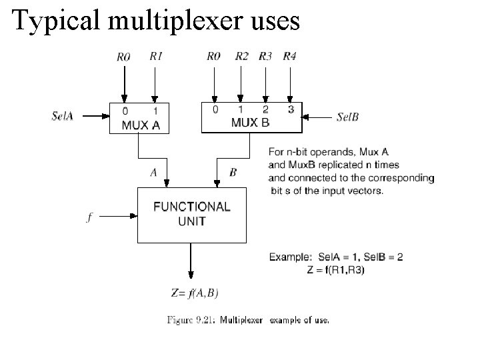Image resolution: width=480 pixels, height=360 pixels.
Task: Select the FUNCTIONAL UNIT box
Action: point(192,214)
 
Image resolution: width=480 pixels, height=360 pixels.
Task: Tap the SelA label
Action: point(63,115)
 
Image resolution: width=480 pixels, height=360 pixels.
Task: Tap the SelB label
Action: point(348,117)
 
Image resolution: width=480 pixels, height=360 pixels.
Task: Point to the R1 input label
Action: point(155,57)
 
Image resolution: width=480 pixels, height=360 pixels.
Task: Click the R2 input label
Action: point(241,57)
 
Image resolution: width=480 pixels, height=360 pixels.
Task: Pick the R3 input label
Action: point(265,57)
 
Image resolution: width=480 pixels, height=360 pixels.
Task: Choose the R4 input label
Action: point(289,57)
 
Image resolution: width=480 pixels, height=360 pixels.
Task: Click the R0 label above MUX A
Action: point(123,57)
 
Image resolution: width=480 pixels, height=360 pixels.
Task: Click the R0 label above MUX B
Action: point(213,57)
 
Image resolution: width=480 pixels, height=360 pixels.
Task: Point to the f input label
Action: point(89,217)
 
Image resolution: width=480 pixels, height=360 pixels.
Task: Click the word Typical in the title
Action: point(54,21)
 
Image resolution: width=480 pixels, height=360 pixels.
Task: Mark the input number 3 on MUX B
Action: point(290,109)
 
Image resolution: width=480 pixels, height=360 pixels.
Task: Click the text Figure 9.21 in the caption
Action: point(190,320)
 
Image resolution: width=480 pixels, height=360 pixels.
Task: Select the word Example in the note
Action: point(289,256)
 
